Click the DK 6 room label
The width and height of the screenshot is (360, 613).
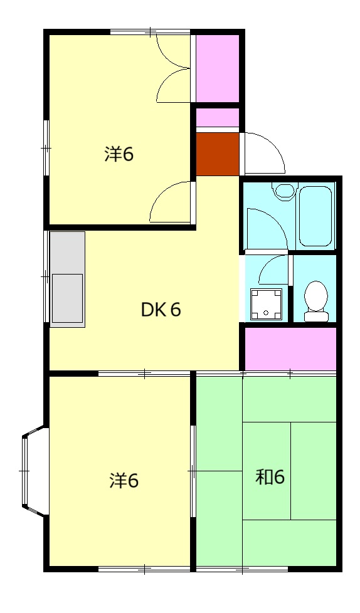[x=161, y=310]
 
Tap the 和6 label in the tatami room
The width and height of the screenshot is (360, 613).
[x=270, y=477]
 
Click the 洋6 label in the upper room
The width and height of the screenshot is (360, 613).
[x=119, y=154]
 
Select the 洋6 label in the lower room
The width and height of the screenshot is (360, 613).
[x=124, y=481]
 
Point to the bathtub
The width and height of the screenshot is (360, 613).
[x=315, y=216]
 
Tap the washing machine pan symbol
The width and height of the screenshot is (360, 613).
[x=266, y=304]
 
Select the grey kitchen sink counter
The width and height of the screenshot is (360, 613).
[x=67, y=279]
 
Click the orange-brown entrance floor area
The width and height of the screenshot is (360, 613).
[x=218, y=154]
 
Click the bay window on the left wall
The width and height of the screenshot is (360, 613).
[x=35, y=472]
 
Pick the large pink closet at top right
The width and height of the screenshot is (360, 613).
[x=217, y=68]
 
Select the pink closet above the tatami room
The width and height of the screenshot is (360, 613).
[x=290, y=348]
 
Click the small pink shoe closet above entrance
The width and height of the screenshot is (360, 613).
[x=218, y=118]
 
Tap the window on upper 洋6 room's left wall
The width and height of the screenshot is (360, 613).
[x=46, y=148]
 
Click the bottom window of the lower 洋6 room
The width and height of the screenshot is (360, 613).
[x=144, y=569]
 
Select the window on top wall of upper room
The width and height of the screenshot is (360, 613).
[x=151, y=31]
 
